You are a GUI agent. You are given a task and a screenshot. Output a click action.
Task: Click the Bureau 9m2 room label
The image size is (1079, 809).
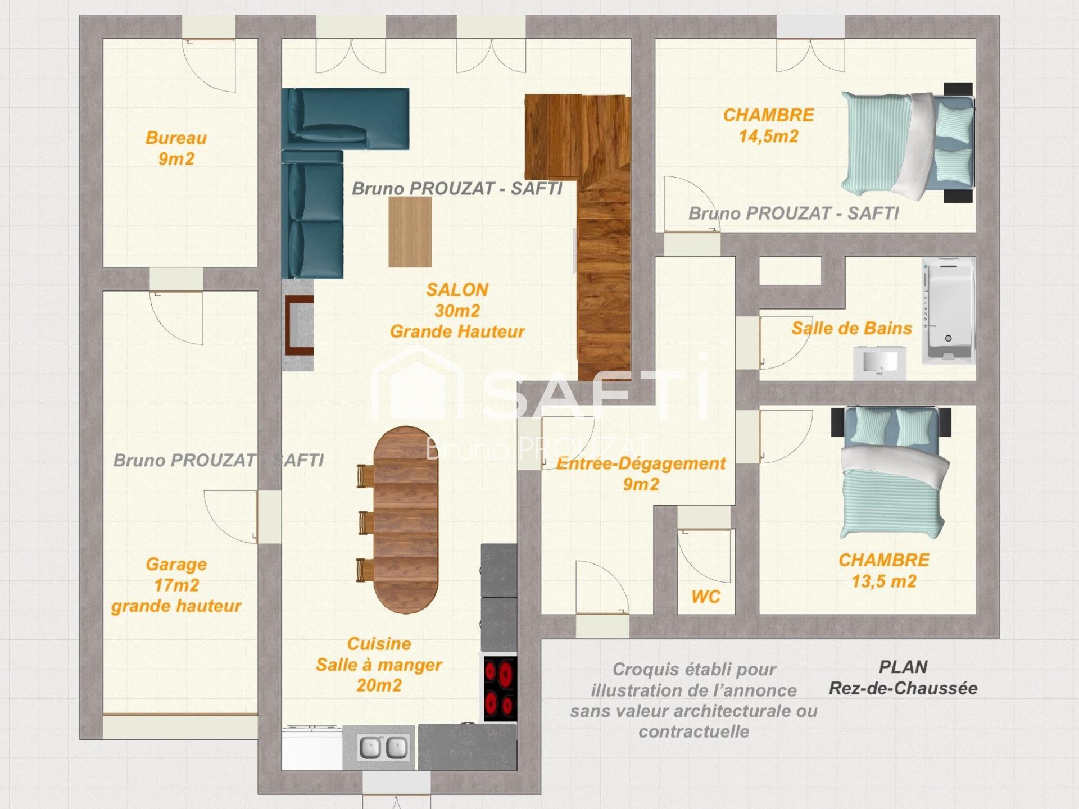click(x=176, y=148)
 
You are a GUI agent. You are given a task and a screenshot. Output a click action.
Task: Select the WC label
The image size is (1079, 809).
click(x=706, y=596)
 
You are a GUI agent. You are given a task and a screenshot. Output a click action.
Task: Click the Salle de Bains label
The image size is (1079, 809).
click(x=851, y=328)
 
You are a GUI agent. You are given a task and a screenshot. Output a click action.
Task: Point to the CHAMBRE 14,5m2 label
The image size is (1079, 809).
click(x=768, y=125)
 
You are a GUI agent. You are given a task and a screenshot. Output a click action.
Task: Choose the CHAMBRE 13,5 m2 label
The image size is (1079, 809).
click(x=884, y=570)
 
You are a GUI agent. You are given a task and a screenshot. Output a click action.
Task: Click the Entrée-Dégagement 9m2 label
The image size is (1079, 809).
click(x=641, y=474)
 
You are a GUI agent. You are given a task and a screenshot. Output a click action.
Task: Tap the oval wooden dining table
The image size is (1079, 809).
click(x=406, y=520)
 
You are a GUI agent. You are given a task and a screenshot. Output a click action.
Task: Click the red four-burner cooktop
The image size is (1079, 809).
click(x=500, y=688)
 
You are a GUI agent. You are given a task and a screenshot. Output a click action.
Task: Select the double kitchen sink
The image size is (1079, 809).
click(x=384, y=748)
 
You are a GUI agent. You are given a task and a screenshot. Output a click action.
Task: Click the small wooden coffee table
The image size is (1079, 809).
click(x=410, y=231)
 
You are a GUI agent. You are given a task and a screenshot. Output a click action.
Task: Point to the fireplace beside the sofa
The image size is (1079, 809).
click(x=298, y=325)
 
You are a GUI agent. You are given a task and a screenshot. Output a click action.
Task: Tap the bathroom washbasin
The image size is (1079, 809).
click(x=879, y=362)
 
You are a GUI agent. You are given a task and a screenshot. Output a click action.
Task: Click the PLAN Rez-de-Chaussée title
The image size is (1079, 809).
click(x=903, y=677)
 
